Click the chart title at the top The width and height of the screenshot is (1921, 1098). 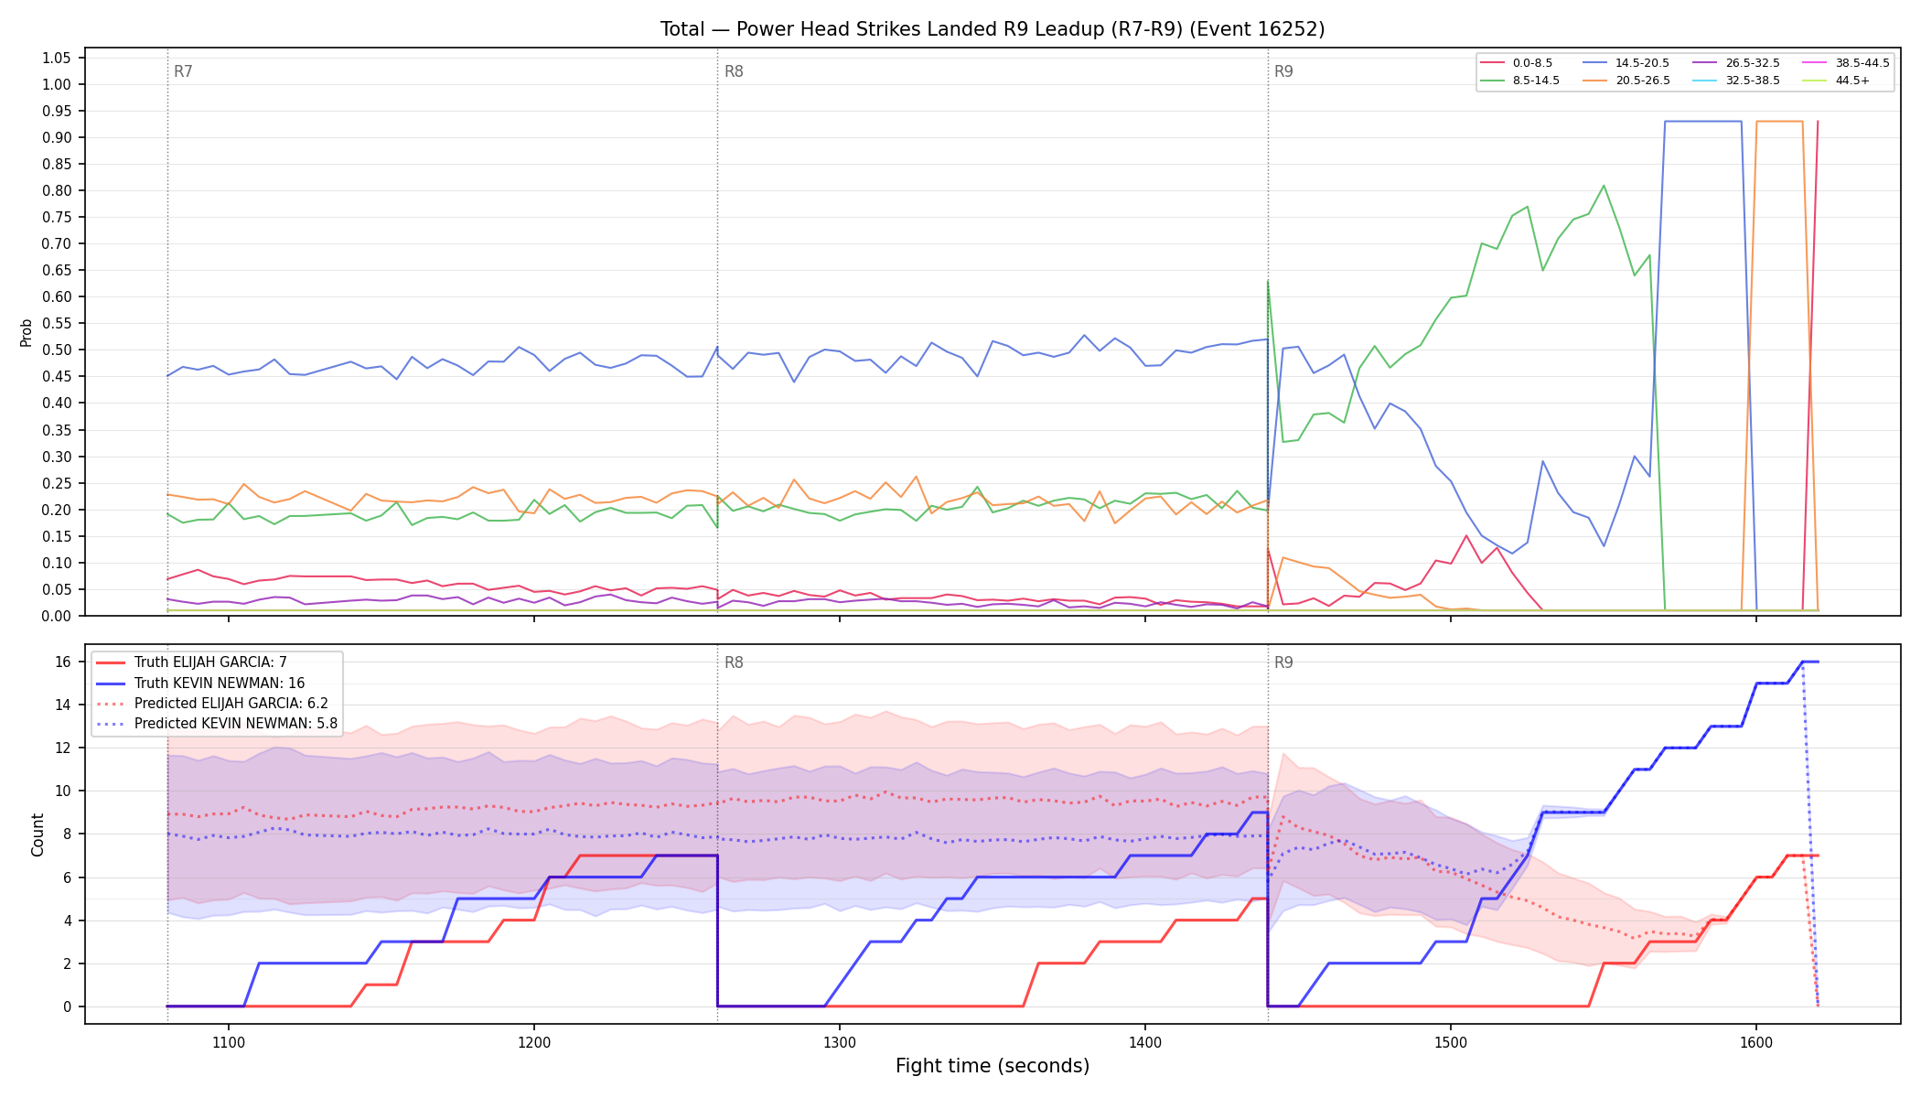point(993,29)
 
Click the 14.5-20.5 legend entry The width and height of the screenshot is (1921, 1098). point(1628,63)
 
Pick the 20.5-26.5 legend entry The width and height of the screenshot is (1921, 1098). point(1628,81)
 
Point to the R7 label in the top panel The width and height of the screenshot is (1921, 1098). point(183,71)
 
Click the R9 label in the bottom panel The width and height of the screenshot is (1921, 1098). point(1283,662)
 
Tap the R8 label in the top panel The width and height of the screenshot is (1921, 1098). point(734,71)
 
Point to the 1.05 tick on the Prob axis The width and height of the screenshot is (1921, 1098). point(56,58)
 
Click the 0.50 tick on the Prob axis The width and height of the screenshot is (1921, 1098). point(56,350)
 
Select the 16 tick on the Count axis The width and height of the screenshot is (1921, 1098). point(63,662)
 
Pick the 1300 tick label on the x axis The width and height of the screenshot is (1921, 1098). point(840,1042)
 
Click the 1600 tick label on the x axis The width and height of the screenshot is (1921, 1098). point(1756,1042)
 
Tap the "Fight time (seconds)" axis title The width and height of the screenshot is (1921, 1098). point(993,1066)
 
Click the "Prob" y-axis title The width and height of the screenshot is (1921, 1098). point(27,332)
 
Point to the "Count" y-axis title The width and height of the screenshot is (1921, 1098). point(38,834)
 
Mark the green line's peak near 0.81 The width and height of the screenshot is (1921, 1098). point(1604,186)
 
